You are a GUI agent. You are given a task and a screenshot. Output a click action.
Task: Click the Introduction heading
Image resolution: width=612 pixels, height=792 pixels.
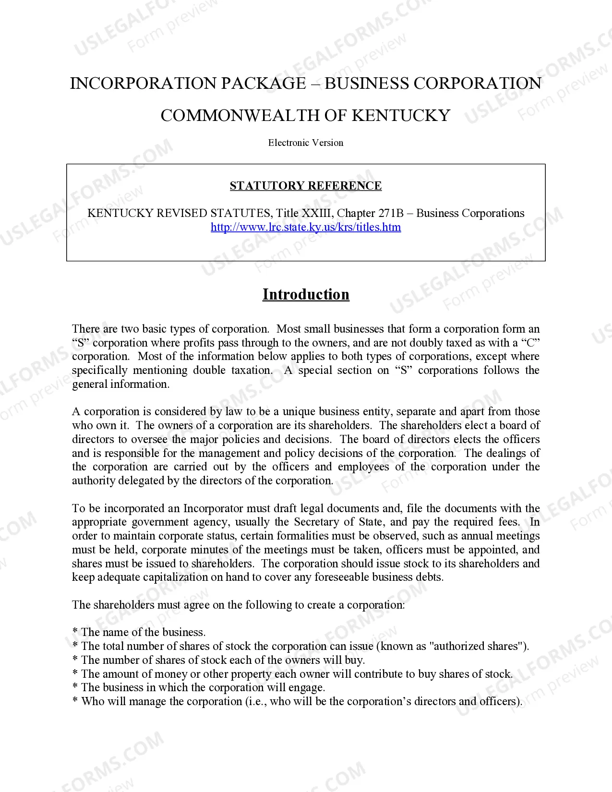click(x=306, y=294)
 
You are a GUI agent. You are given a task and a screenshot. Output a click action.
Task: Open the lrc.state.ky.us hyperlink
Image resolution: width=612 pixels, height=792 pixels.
click(x=306, y=227)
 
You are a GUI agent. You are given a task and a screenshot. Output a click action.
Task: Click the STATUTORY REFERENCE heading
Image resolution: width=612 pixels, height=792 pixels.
click(x=306, y=186)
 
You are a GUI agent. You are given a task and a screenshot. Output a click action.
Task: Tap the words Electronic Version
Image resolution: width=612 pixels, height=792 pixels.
click(x=306, y=143)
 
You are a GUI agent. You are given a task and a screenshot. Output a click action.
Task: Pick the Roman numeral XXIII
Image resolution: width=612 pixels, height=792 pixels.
click(x=316, y=213)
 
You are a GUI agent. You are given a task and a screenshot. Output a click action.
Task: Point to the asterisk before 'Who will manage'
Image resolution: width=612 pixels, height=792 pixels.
click(x=75, y=702)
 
